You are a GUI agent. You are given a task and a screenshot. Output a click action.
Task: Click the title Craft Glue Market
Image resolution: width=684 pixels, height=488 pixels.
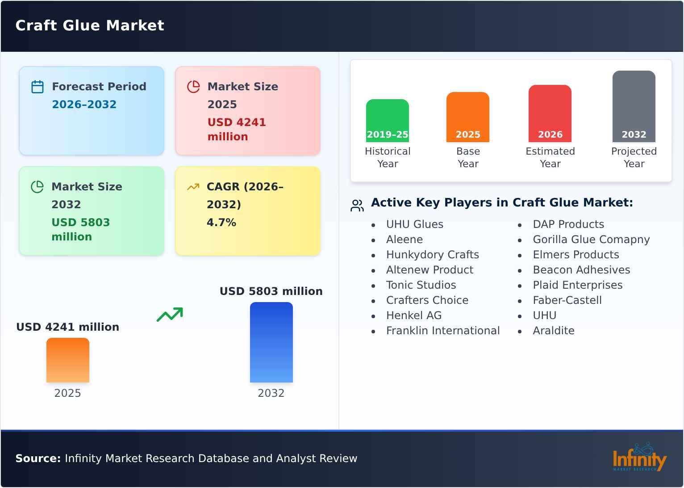click(90, 25)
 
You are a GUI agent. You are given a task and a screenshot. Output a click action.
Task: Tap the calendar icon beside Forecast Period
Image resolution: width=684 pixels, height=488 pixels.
click(38, 87)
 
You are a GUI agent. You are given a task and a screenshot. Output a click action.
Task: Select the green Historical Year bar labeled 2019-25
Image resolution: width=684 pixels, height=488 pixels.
click(387, 121)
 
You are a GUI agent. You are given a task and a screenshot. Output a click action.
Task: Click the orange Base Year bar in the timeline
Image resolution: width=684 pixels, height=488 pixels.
click(467, 117)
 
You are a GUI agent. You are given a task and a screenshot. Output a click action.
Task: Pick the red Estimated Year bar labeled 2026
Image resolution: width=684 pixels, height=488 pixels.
click(550, 114)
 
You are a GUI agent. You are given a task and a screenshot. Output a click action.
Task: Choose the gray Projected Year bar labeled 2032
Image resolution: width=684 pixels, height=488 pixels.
click(634, 106)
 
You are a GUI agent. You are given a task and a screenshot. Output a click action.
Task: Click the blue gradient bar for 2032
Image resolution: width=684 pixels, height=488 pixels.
click(271, 342)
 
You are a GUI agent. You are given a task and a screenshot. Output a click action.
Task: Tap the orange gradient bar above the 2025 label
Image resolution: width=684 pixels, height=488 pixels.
click(68, 360)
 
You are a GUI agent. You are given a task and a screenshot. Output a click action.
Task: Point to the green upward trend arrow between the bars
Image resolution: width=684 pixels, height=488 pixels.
click(170, 315)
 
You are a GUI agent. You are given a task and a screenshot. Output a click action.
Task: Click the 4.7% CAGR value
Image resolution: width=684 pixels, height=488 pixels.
click(221, 223)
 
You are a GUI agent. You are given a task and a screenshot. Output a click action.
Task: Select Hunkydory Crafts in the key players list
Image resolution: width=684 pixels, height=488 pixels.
click(432, 255)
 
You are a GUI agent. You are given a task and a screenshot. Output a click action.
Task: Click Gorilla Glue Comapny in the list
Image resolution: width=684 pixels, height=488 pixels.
click(591, 240)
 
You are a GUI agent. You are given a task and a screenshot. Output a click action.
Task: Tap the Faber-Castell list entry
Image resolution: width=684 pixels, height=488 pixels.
click(567, 300)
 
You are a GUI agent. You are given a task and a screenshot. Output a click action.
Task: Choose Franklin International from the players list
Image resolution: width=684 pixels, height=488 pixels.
click(442, 331)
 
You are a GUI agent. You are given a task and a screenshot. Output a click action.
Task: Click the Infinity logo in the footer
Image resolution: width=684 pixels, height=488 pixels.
click(639, 458)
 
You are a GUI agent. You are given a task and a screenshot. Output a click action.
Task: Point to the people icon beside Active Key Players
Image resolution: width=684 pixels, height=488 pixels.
click(357, 206)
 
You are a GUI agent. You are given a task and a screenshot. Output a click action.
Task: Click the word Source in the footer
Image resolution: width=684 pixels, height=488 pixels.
click(38, 459)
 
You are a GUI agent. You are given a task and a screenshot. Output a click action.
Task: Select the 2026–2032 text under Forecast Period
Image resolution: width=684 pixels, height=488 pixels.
click(84, 105)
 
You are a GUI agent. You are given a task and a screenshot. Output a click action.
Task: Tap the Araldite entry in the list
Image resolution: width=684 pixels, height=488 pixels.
click(554, 331)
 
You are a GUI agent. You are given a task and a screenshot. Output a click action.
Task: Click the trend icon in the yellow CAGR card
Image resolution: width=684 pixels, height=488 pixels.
click(193, 187)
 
